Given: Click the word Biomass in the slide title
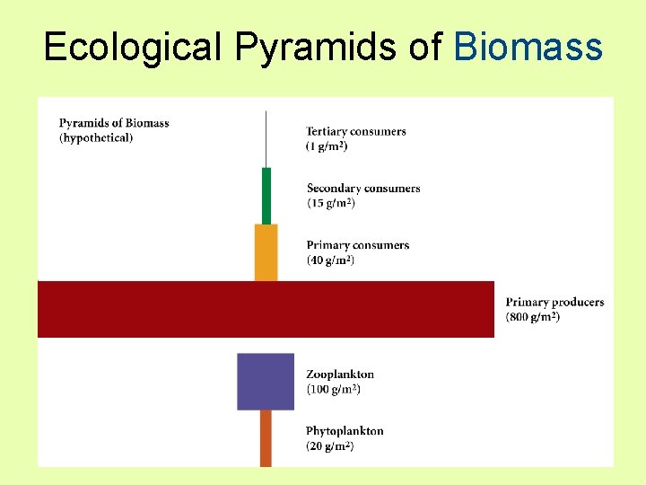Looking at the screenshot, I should [528, 47].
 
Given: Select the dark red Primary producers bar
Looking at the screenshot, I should [266, 309].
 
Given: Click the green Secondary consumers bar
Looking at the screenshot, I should [266, 196].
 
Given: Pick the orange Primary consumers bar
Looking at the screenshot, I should [266, 252].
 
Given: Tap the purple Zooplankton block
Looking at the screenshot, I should [266, 382].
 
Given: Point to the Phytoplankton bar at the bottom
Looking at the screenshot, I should [266, 438].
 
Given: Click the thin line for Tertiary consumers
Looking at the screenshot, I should [266, 139].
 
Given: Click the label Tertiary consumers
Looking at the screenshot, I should [356, 131].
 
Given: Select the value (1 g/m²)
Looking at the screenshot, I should [327, 145].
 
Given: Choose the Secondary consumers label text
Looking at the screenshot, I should [363, 188].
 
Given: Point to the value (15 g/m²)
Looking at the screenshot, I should [331, 203].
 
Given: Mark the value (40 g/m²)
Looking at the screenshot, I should [331, 260].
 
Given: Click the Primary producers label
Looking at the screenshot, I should [554, 302].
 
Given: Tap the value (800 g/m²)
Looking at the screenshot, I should [533, 317].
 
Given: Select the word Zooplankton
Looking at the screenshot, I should [340, 374].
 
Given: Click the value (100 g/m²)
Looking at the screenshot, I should [334, 389].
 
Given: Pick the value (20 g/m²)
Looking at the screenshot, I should [330, 446].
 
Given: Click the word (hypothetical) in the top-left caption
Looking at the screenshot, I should [96, 137].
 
